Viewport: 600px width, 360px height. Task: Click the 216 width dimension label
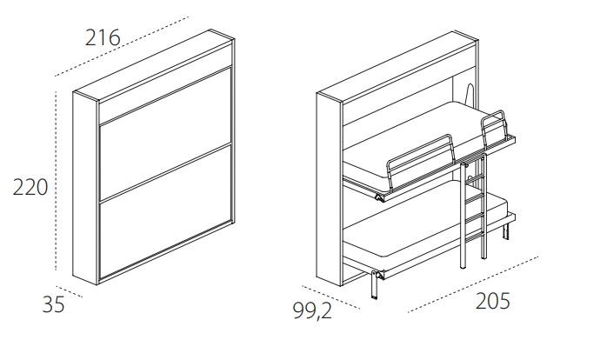[103, 37]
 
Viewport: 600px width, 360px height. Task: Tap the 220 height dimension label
[30, 187]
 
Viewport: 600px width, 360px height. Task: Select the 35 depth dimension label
[54, 304]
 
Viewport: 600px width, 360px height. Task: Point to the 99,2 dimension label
[313, 310]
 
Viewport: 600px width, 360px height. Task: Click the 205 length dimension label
[493, 301]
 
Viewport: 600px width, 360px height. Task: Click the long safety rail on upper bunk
[421, 162]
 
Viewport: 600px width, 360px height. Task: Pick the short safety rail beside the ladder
[494, 128]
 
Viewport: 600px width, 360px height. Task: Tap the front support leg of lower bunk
[374, 285]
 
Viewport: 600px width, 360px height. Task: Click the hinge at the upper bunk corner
[379, 197]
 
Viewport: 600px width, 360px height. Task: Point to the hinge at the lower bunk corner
[379, 275]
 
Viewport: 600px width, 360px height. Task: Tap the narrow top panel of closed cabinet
[165, 83]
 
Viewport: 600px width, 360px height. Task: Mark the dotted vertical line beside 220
[57, 181]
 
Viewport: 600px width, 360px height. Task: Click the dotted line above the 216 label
[122, 46]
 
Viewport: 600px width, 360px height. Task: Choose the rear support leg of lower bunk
[506, 231]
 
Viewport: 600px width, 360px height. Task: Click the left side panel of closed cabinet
[86, 188]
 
